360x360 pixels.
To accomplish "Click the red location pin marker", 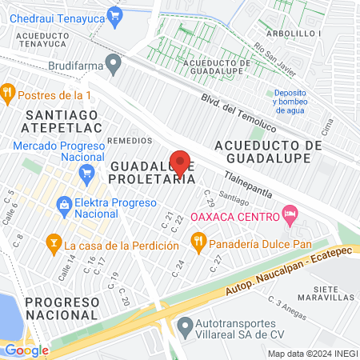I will coord(181,162).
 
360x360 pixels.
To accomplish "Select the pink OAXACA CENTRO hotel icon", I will coord(290,214).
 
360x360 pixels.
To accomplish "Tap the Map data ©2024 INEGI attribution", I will coord(312,354).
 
